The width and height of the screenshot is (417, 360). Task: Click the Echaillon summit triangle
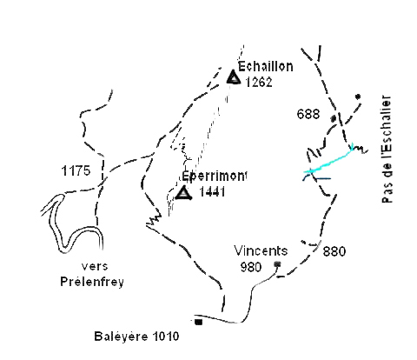234,77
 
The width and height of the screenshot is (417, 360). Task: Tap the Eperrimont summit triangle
183,193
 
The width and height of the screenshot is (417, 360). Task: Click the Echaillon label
266,67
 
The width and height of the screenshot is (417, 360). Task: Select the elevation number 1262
259,83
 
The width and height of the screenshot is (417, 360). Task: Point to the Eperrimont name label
214,177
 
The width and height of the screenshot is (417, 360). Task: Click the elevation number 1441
212,192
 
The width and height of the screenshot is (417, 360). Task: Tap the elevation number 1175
76,170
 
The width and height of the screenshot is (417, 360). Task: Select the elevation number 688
308,114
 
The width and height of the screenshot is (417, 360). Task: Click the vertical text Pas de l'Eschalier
387,150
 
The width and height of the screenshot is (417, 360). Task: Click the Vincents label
261,250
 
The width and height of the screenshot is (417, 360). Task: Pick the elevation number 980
251,267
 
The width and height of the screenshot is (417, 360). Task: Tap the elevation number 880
334,251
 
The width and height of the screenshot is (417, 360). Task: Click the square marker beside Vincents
277,263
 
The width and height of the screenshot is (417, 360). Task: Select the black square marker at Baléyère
198,322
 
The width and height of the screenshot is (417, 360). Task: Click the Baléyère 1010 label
136,337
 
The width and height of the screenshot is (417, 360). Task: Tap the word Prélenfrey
92,282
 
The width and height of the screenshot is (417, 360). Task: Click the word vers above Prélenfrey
95,266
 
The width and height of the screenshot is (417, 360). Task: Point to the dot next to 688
334,118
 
